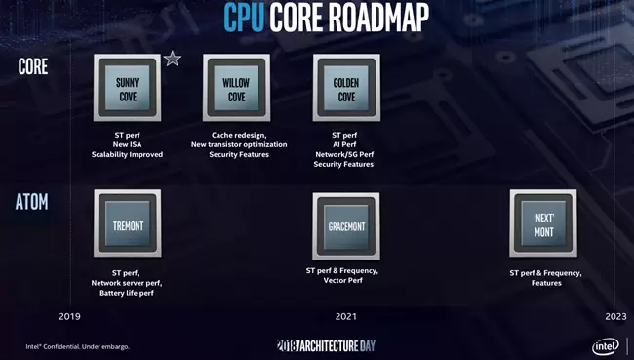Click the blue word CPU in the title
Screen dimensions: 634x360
(244, 17)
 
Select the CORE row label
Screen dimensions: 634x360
(33, 66)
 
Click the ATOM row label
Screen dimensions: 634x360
(31, 201)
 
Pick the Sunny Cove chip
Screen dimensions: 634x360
(128, 88)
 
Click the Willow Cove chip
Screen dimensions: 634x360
(237, 88)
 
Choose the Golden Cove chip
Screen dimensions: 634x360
(346, 88)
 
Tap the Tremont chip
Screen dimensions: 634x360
(128, 223)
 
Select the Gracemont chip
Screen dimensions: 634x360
(346, 226)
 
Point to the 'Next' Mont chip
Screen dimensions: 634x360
(543, 223)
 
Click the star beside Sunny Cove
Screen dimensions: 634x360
(173, 60)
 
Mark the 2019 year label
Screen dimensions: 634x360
(69, 316)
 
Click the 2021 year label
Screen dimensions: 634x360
(346, 316)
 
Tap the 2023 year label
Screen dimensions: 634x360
(615, 316)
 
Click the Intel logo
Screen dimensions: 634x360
(606, 346)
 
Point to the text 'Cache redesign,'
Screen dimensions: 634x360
(239, 135)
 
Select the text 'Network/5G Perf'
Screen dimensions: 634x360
(344, 154)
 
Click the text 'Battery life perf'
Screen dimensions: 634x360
(127, 293)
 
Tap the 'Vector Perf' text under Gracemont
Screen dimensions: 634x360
(343, 280)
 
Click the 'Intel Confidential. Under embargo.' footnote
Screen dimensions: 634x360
(78, 346)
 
